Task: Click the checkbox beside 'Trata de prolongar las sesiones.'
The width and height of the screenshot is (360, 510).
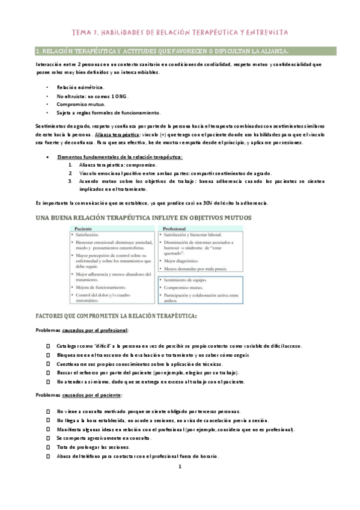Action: click(x=48, y=447)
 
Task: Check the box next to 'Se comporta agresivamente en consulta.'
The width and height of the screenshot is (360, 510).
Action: click(x=48, y=438)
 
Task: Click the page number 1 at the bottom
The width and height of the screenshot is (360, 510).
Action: click(x=180, y=467)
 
